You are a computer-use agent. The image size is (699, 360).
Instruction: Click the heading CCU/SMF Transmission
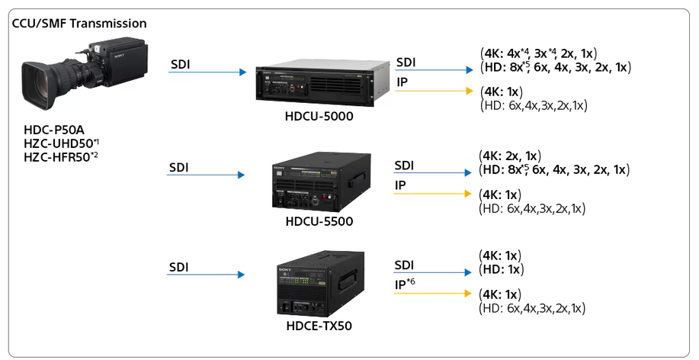[79, 23]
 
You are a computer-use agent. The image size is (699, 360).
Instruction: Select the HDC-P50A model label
[54, 130]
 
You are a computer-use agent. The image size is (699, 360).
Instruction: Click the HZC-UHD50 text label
[61, 143]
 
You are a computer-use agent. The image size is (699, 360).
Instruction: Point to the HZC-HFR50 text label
[61, 157]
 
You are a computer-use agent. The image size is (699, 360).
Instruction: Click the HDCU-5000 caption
[319, 117]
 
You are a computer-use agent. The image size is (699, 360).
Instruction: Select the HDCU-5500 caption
[319, 221]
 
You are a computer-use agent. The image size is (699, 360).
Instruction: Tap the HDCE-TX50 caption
[319, 326]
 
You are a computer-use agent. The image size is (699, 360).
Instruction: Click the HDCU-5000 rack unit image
[320, 83]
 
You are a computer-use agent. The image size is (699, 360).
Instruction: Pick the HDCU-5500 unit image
[321, 182]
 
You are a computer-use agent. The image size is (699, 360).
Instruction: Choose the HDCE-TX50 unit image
[320, 284]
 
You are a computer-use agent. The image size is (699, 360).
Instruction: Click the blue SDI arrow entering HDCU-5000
[207, 72]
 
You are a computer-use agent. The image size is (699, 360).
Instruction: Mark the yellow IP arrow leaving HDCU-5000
[434, 91]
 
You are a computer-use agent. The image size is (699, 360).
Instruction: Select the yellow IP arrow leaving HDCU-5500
[432, 194]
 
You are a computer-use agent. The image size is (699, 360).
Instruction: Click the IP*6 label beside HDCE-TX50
[405, 284]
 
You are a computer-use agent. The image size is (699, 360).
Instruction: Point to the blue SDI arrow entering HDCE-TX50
[206, 275]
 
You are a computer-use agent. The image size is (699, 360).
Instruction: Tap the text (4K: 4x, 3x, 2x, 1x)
[538, 53]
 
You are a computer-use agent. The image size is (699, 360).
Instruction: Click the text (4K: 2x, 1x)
[510, 156]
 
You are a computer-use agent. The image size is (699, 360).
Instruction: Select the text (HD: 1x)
[501, 269]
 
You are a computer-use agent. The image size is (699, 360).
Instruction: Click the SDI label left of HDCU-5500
[179, 167]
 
